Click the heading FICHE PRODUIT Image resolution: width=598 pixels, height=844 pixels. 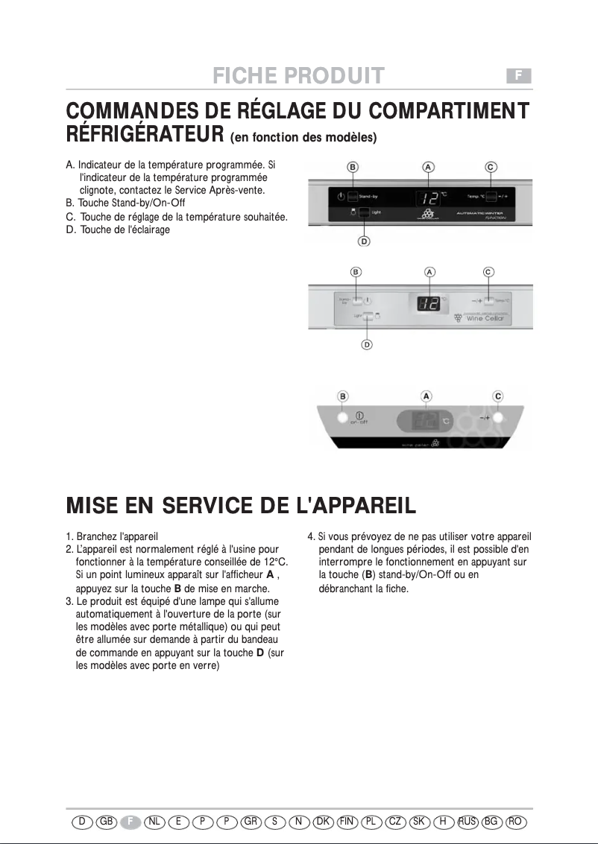[x=298, y=76]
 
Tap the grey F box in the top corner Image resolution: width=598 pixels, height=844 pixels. [x=519, y=75]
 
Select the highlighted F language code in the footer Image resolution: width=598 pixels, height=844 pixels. [x=130, y=821]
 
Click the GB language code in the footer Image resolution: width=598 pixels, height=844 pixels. [x=107, y=821]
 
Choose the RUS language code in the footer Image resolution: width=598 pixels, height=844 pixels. [x=468, y=821]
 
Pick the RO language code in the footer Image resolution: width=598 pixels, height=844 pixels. [x=514, y=821]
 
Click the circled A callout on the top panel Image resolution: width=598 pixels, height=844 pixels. [x=428, y=167]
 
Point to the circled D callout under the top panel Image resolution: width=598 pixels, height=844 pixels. [x=364, y=241]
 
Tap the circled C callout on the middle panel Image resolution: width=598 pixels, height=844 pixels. [x=488, y=272]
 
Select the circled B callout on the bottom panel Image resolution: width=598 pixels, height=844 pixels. [x=343, y=396]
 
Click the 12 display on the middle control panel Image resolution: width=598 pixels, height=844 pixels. [x=428, y=303]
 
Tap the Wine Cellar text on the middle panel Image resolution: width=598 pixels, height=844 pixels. [x=485, y=318]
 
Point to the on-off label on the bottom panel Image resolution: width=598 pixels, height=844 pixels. [x=359, y=423]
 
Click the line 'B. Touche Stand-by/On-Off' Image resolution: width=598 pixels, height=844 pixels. [x=125, y=203]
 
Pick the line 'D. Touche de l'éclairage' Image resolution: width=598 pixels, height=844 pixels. [x=118, y=229]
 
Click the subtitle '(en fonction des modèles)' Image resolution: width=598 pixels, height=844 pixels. [x=303, y=138]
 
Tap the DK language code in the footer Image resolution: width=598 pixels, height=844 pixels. [x=323, y=821]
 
